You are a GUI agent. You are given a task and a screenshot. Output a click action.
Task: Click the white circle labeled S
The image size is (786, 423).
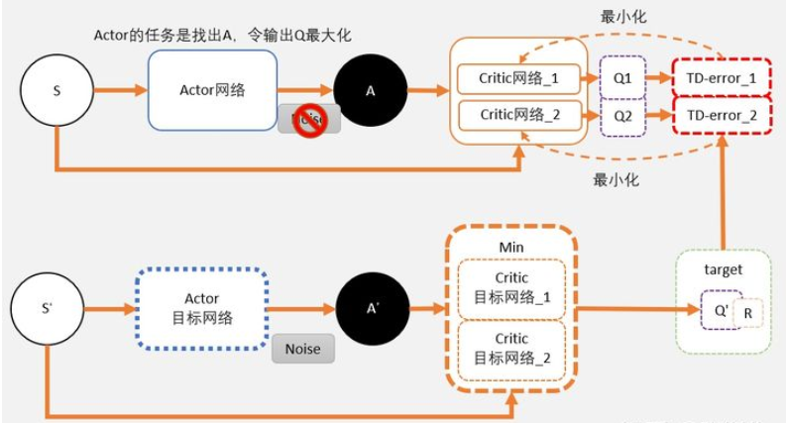click(x=56, y=90)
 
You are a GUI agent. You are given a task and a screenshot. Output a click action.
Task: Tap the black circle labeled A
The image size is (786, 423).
click(x=371, y=91)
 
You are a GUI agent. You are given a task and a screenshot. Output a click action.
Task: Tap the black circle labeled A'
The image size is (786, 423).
click(x=373, y=308)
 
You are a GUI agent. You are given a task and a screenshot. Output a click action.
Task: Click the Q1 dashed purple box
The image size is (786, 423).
click(x=622, y=77)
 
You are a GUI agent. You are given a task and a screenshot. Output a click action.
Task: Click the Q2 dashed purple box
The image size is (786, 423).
click(x=622, y=116)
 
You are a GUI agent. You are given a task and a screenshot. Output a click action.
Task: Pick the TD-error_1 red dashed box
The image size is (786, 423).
click(x=721, y=77)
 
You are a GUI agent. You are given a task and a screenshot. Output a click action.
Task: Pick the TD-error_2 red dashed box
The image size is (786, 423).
click(x=721, y=116)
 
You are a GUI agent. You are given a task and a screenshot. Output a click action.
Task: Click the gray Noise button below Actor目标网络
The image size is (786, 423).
click(x=302, y=350)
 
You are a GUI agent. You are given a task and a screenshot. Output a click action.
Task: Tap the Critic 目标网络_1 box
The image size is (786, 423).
click(x=512, y=286)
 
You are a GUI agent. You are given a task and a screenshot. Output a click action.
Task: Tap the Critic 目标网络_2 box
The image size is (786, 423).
click(x=512, y=347)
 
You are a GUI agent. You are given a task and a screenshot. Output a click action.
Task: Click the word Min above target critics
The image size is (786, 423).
click(x=511, y=244)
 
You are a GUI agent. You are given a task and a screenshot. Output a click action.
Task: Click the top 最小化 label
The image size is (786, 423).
click(x=621, y=18)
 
